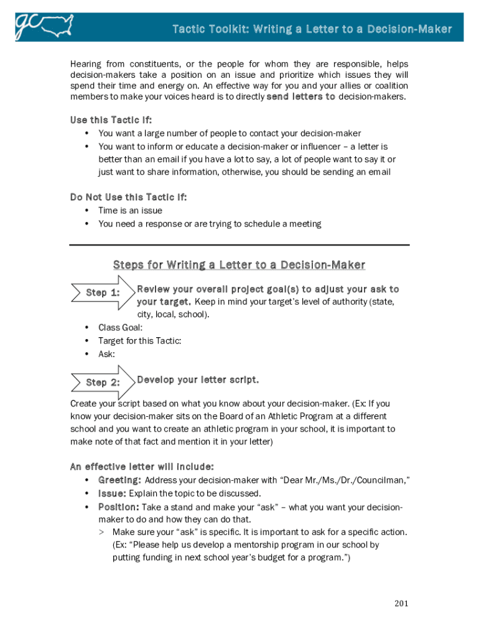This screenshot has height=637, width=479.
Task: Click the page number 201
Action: pos(402,603)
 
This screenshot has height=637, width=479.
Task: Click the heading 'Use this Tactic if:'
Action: pos(111,119)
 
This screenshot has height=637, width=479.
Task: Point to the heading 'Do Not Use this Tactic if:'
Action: pos(128,197)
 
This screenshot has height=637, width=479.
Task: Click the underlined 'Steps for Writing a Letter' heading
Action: pos(239,265)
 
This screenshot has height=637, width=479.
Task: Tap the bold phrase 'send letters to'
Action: pos(300,97)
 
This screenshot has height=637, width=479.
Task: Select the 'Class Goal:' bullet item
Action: pos(120,327)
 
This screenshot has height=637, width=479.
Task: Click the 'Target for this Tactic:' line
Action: pos(139,341)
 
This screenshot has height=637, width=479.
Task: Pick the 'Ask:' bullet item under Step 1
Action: pos(106,354)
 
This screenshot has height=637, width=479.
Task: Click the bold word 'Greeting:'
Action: pos(119,480)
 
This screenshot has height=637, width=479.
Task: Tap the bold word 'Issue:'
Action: pos(112,493)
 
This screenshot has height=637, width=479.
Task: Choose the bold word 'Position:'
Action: pos(119,507)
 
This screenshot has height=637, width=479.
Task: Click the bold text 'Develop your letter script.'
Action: pos(198,380)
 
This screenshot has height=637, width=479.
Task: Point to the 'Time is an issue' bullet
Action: pos(129,210)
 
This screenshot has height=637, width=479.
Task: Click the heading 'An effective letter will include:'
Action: pos(142,466)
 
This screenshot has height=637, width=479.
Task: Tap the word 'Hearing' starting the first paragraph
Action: pos(85,64)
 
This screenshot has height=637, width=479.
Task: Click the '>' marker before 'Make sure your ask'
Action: pos(101,532)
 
